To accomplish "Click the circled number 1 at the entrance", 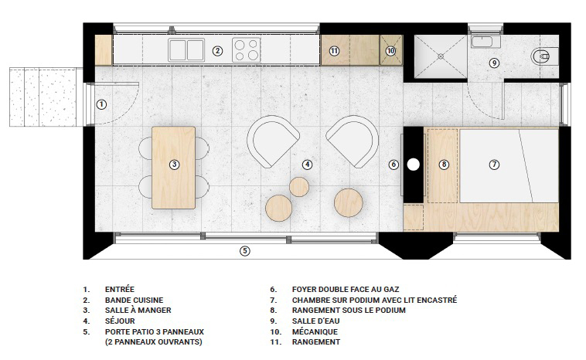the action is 101,104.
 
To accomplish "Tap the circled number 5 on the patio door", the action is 244,251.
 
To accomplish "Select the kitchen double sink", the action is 186,50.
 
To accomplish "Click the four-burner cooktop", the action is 247,50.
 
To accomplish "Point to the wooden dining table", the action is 173,168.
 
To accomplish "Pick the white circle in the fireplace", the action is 413,165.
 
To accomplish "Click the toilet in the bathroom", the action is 541,57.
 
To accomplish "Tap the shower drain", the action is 441,56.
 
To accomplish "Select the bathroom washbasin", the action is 485,42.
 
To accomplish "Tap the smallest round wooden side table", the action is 299,187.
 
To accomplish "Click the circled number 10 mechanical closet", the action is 391,50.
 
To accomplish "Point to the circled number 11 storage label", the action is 334,51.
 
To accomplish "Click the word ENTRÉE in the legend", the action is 120,290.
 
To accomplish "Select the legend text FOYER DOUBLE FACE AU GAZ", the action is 346,290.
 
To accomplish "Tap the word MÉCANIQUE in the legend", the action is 315,331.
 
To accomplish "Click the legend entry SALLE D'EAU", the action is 316,321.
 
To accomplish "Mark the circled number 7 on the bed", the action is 494,165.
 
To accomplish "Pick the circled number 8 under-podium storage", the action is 444,165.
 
